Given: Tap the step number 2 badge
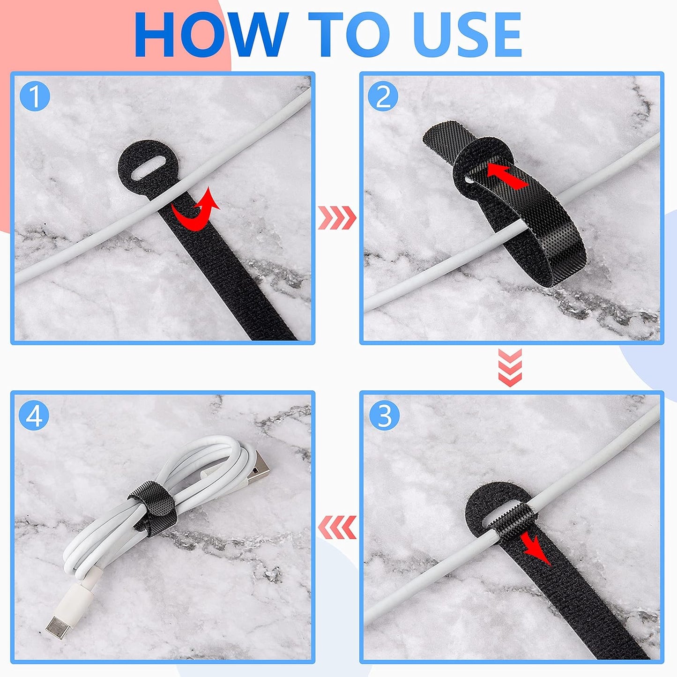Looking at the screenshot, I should coord(383,97).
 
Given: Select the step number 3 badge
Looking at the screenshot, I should coord(384,415).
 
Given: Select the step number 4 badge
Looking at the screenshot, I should coord(34,415).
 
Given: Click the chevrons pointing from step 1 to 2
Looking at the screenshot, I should coord(337,218).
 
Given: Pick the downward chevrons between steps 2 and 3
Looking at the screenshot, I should coord(510,368).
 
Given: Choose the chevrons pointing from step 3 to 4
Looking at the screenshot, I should coord(337,527).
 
